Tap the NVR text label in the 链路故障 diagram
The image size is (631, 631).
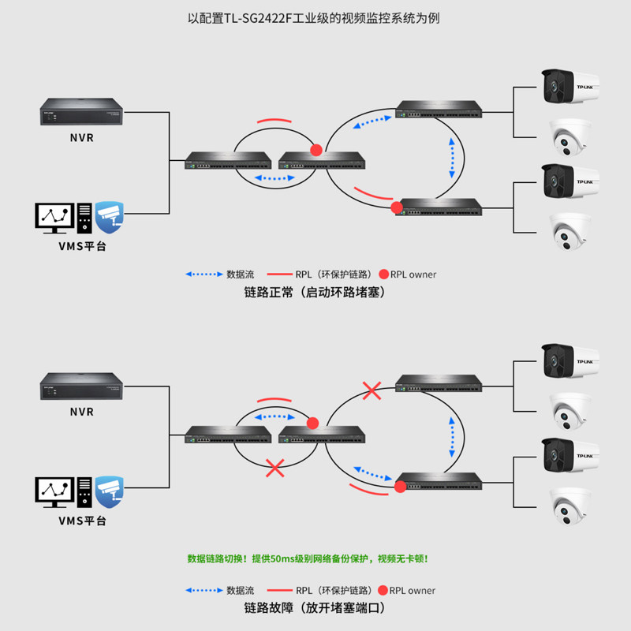click(x=81, y=412)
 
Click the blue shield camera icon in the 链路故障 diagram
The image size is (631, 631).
click(x=110, y=491)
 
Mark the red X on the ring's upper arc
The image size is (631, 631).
click(x=372, y=390)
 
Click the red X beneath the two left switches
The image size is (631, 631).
click(x=274, y=468)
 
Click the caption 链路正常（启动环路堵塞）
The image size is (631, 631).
click(x=315, y=292)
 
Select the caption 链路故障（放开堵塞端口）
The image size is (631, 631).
click(x=315, y=608)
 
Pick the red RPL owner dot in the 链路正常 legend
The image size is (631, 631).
click(x=383, y=274)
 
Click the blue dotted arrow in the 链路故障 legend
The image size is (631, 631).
click(x=203, y=590)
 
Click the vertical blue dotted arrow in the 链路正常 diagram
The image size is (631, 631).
click(x=452, y=156)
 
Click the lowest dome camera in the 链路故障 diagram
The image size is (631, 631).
click(x=569, y=506)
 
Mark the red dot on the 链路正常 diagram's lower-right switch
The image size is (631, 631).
click(x=397, y=208)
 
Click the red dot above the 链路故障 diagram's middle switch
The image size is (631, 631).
click(x=313, y=422)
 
